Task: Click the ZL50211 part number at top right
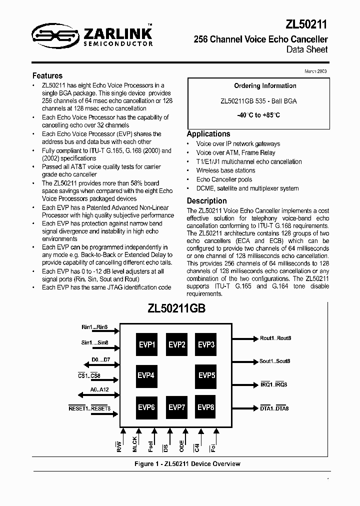tap(307, 24)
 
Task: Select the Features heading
tap(47, 76)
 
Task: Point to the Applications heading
tap(208, 134)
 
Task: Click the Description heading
tap(206, 201)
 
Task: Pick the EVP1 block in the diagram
tap(147, 344)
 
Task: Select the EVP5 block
tap(206, 375)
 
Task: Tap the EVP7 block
tap(176, 407)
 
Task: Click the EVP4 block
tap(146, 375)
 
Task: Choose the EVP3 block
tap(206, 344)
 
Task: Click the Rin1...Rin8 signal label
tap(94, 327)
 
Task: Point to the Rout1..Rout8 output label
tap(275, 338)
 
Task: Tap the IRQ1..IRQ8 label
tap(273, 384)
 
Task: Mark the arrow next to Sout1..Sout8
tap(245, 361)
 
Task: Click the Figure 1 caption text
tap(187, 463)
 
